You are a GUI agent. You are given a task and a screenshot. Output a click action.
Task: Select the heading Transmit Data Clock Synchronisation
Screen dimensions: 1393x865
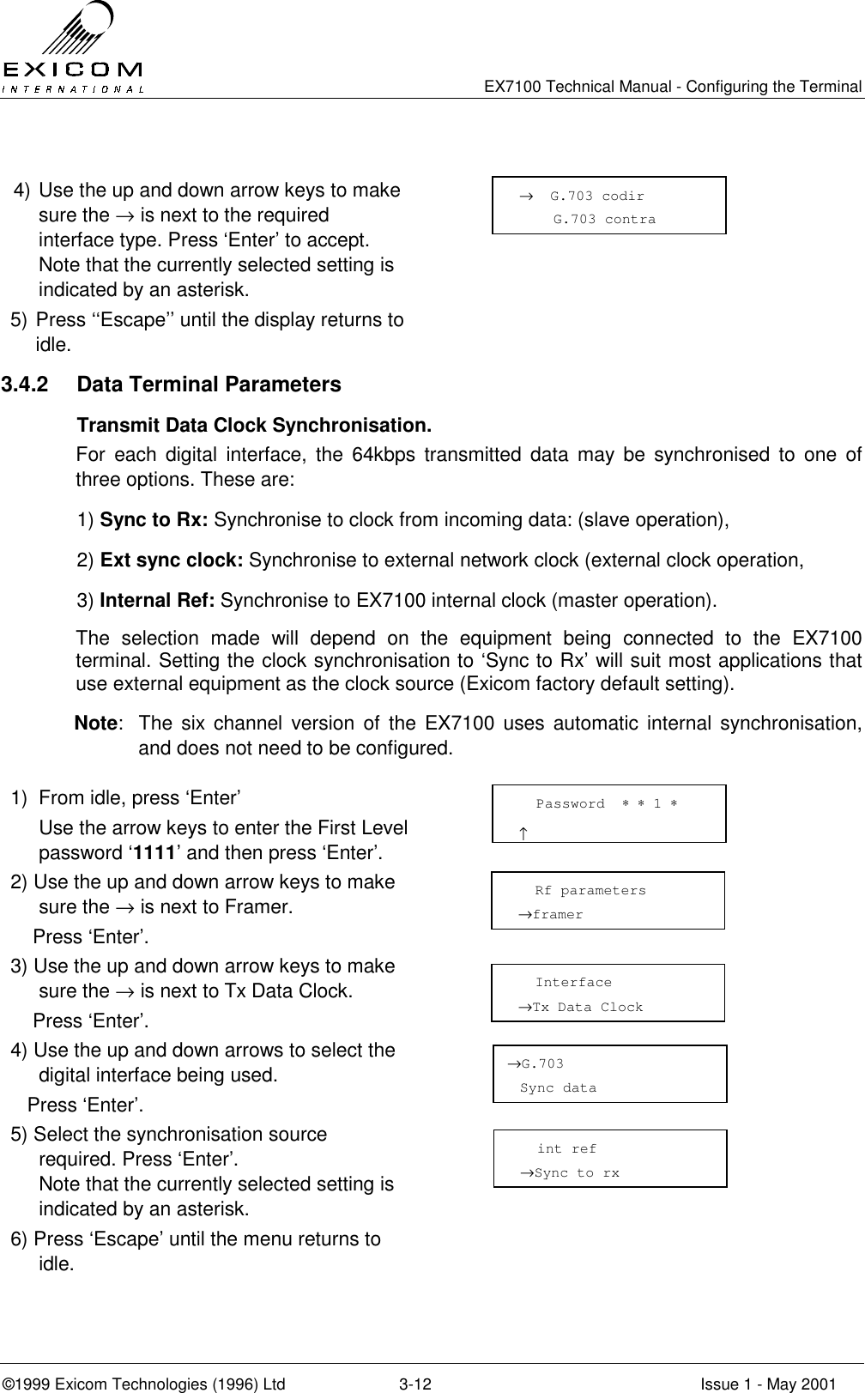(254, 427)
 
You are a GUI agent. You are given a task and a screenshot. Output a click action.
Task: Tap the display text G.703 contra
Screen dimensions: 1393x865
(604, 220)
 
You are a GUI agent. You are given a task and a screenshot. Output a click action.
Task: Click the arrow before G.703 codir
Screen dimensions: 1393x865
(525, 197)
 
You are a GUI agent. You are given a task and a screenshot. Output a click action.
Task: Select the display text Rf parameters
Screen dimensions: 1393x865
(590, 891)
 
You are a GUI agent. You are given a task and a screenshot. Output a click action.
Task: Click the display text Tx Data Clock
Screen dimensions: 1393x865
(587, 1008)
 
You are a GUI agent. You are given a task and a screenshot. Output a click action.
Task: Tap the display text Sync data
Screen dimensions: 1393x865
(558, 1088)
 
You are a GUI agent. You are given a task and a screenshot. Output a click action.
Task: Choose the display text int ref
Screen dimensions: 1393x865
(566, 1149)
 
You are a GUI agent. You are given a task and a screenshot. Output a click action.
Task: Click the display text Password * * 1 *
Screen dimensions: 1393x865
(606, 804)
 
